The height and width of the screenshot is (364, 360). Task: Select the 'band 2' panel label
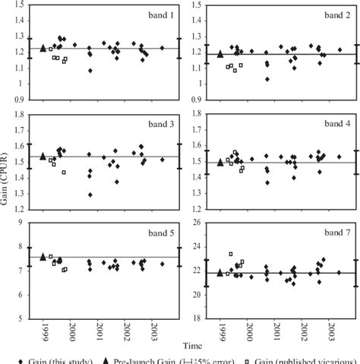pyautogui.click(x=333, y=14)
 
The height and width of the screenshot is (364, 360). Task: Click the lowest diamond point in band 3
pyautogui.click(x=90, y=195)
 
